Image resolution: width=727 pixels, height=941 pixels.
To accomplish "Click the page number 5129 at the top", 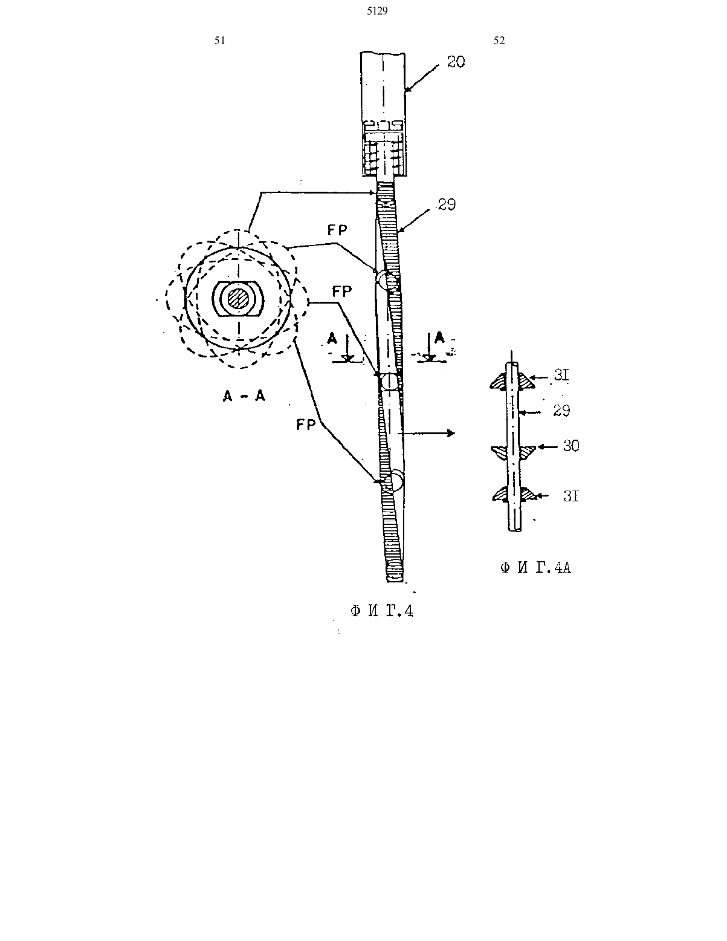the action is [377, 11].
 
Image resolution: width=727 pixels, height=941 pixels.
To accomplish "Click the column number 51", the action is [220, 41].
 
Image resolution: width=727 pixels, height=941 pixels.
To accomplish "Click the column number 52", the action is [499, 41].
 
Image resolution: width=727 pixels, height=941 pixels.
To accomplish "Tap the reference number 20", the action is [456, 62].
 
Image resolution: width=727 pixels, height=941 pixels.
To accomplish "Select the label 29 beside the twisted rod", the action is [447, 204].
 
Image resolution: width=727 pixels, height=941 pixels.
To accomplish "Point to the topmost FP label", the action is [337, 230].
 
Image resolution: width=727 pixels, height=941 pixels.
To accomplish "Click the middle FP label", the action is [342, 292].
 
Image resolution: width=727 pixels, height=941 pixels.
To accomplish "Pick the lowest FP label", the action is [306, 425].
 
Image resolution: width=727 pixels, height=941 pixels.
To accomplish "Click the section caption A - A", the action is [244, 396].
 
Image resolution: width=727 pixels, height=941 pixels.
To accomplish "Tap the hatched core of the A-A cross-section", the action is [238, 299].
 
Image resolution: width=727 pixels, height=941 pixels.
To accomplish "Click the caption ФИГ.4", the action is [382, 611].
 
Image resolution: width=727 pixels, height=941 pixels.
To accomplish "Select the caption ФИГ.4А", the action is [535, 568].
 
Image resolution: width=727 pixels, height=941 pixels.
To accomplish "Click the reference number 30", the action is [570, 446].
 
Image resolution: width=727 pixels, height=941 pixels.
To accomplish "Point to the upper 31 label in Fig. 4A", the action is [561, 375].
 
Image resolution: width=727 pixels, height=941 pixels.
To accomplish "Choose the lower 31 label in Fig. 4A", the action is [571, 496].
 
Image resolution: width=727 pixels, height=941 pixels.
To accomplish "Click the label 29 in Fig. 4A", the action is [561, 410].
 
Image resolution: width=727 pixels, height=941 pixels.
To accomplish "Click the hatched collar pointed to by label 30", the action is [513, 452].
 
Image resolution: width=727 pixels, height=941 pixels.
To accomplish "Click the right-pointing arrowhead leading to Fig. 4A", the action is [451, 433].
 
